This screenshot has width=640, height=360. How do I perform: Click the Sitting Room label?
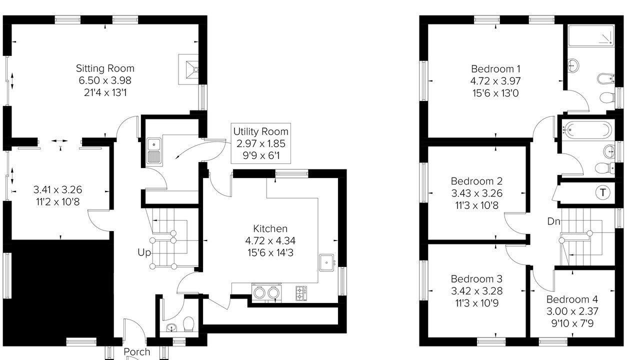coord(105,68)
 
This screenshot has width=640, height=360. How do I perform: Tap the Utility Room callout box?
coord(261,143)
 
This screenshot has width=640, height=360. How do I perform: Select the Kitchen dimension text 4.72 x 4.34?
coord(270,241)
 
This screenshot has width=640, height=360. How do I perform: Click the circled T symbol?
coord(602,192)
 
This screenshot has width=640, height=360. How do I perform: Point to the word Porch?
coord(137,351)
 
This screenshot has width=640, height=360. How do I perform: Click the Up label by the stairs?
coord(144,252)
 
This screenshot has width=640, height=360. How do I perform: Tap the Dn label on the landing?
coord(553,221)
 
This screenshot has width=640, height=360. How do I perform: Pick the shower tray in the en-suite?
coord(591,35)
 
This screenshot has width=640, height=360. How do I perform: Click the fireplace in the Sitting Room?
coord(188,69)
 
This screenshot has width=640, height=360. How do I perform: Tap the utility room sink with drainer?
coord(154,151)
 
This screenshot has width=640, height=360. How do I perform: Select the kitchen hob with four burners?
coord(301,293)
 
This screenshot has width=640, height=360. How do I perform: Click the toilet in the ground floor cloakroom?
coord(188,324)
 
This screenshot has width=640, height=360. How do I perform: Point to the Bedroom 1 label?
coord(495,69)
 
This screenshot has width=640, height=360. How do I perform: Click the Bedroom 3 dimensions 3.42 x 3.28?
coord(476,291)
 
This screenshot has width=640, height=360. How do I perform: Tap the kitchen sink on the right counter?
coord(326,262)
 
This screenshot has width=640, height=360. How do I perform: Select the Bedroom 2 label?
coord(476,181)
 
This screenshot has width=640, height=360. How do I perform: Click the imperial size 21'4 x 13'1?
coord(105,92)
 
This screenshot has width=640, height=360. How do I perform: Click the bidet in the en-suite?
coord(605,79)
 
